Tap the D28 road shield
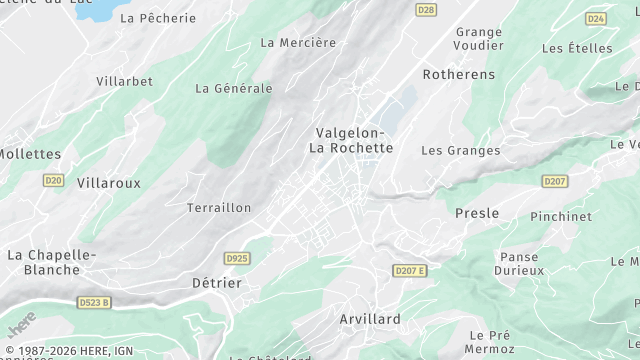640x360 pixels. pos(426,9)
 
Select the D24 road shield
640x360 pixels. pos(596,18)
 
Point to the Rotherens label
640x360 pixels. pos(459,74)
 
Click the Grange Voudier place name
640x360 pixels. pos(478,38)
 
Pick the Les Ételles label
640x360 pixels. pos(577,47)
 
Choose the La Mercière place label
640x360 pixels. pos(298,42)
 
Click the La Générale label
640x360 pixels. pos(234,88)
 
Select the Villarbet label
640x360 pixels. pos(125,80)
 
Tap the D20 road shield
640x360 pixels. pos(54,180)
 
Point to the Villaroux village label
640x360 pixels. pos(109,183)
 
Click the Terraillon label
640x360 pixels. pos(219,207)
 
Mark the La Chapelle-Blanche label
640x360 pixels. pos(51,262)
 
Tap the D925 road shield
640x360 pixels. pos(237,258)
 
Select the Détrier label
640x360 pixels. pos(217,283)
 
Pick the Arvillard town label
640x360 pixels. pos(370,319)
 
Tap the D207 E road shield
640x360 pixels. pos(409,271)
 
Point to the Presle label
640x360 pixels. pos(477,213)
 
